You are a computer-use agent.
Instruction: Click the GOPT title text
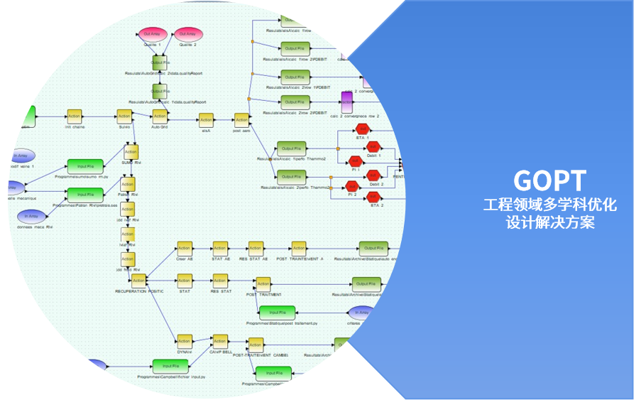tap(550, 180)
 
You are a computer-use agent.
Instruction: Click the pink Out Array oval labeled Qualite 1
tap(152, 35)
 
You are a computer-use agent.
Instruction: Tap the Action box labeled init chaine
tap(75, 117)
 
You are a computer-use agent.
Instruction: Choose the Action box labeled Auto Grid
tap(160, 117)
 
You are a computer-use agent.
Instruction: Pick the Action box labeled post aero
tap(241, 121)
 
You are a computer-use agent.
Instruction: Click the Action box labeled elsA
tap(206, 121)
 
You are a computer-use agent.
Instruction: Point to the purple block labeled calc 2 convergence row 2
tap(346, 101)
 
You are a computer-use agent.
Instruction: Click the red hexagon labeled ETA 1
tap(363, 129)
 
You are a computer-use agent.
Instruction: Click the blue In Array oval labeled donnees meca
tap(31, 216)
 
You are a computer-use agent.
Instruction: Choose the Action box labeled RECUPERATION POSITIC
tap(138, 281)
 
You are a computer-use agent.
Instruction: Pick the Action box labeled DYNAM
tap(185, 341)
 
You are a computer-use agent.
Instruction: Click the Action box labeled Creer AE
tap(185, 249)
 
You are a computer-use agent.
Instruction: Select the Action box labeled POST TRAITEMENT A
tap(299, 249)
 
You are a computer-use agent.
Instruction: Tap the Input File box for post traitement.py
tap(276, 313)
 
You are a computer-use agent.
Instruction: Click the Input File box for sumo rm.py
tap(85, 166)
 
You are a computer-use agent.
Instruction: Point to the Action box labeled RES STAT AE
tap(255, 249)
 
